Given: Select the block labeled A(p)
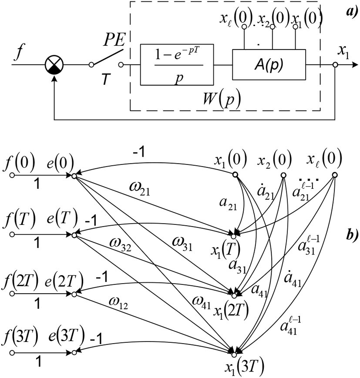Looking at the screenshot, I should click(x=269, y=64).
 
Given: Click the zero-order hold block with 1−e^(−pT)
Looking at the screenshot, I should click(x=177, y=64).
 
